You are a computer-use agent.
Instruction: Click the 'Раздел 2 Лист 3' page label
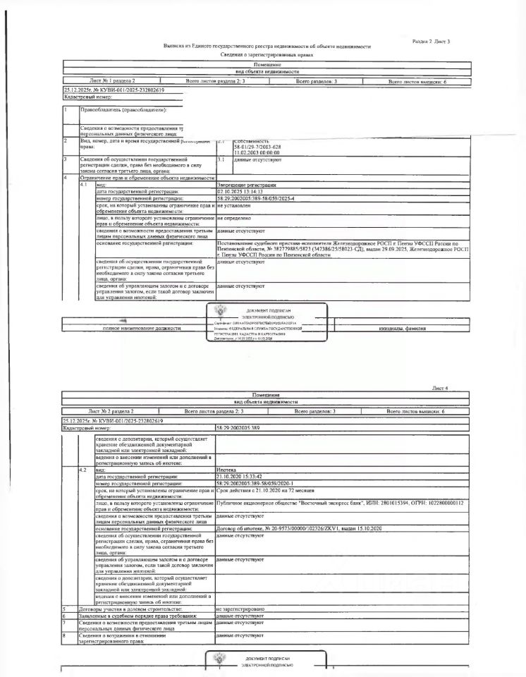pos(430,42)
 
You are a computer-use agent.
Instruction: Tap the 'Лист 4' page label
pos(440,388)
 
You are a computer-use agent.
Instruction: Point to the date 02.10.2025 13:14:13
pos(240,191)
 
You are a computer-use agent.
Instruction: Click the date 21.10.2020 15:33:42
pos(240,476)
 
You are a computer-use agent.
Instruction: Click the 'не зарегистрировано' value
pos(240,609)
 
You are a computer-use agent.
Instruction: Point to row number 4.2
pos(84,469)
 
